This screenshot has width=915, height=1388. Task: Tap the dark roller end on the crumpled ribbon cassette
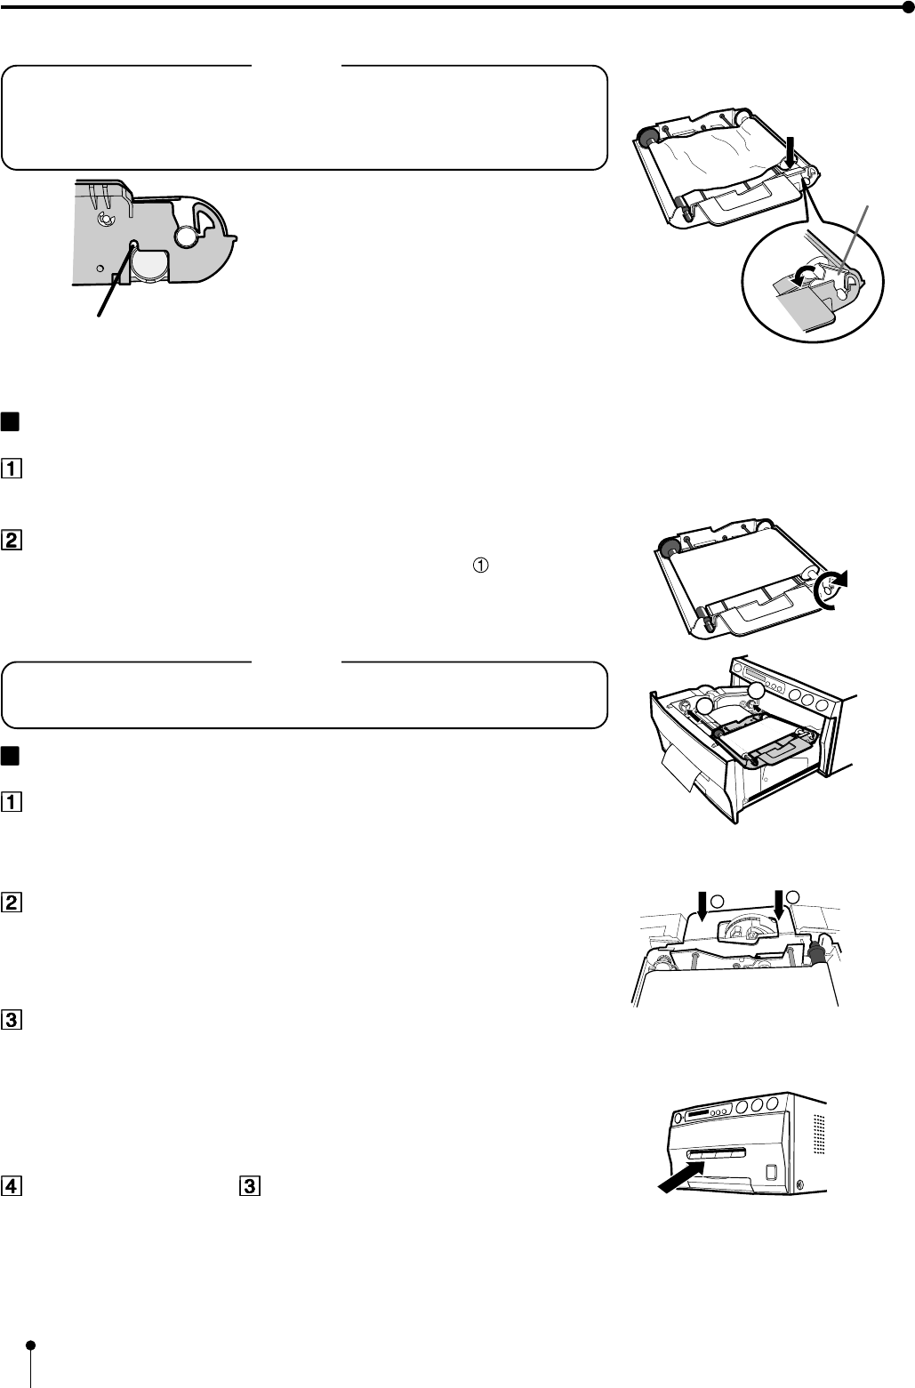click(647, 138)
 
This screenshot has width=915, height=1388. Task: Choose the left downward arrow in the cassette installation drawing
click(702, 906)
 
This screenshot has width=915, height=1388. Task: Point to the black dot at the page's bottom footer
click(30, 1344)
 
